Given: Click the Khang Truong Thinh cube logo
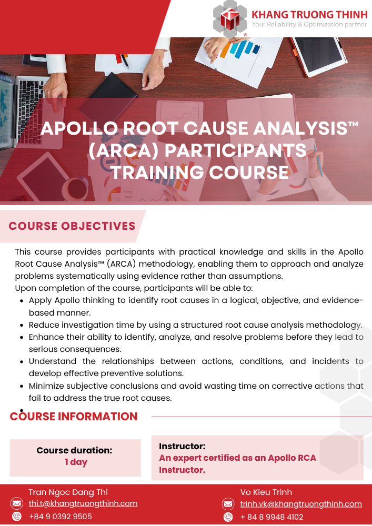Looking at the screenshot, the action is (230, 18).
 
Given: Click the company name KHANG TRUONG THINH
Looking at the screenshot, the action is (309, 15).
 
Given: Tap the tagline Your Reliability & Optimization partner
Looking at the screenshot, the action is (309, 25).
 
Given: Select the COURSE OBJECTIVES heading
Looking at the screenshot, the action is (72, 226).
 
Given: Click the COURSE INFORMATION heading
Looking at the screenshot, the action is (74, 416).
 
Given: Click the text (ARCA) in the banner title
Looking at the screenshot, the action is (124, 150).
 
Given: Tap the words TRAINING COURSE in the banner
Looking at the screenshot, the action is (200, 172).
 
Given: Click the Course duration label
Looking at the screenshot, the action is (75, 450).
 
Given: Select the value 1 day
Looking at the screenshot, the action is (76, 462).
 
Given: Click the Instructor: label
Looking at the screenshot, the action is (182, 446).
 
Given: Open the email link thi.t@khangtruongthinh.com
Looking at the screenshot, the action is (83, 503).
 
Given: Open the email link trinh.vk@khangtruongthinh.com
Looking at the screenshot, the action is (301, 504).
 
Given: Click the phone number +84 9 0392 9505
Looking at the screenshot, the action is (61, 517).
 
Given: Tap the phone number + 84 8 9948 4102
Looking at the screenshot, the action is (272, 517).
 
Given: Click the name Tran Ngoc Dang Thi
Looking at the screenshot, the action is (68, 492).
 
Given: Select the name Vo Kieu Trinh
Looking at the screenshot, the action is (266, 492).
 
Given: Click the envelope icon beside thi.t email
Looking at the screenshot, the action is (17, 503).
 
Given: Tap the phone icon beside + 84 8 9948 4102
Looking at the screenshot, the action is (228, 517).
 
